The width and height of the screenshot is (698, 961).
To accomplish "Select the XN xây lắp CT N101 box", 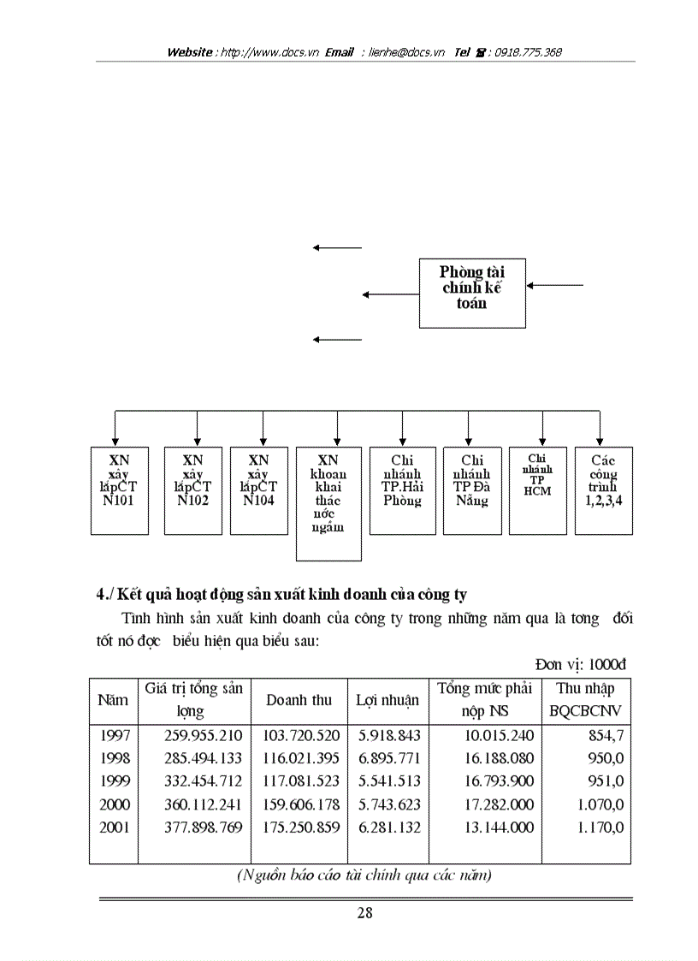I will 119,490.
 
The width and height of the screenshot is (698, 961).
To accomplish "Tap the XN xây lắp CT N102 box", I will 192,490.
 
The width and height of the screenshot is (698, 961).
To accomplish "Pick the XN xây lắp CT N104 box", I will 258,490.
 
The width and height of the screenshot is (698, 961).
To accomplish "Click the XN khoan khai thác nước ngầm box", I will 328,503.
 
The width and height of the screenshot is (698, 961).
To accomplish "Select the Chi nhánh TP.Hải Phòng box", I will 402,490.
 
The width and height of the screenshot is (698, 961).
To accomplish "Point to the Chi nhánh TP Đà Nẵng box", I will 471,490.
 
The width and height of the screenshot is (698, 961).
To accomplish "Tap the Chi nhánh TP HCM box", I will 537,490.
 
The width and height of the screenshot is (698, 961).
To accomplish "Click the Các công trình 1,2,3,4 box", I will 603,490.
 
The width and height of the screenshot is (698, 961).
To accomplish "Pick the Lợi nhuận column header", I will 387,700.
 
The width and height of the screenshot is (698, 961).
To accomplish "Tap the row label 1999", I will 115,781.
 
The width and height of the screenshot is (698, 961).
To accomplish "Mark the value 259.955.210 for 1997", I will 204,735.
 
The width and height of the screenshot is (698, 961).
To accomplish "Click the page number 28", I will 364,912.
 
